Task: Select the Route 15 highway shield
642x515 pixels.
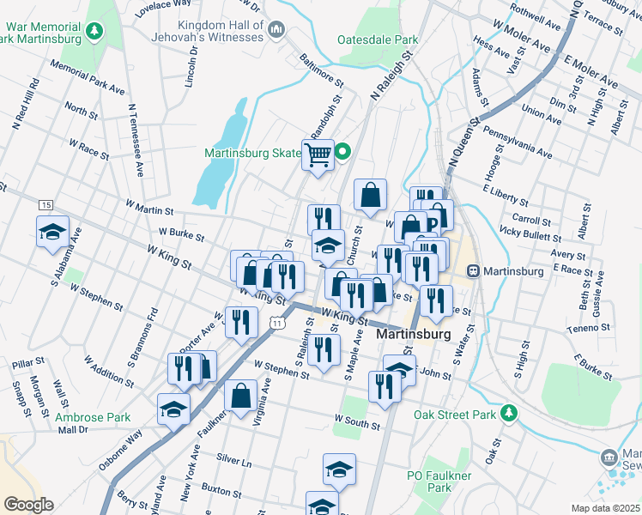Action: [x=45, y=204]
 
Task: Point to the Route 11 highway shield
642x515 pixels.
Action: [x=276, y=322]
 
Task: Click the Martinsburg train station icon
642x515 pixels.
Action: [x=472, y=270]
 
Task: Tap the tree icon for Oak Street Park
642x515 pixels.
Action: [x=509, y=413]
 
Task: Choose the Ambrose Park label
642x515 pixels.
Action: [x=92, y=418]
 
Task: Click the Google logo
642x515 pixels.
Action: [x=28, y=505]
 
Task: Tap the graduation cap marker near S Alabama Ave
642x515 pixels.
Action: [x=52, y=233]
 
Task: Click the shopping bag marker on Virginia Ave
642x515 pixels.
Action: [x=241, y=396]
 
